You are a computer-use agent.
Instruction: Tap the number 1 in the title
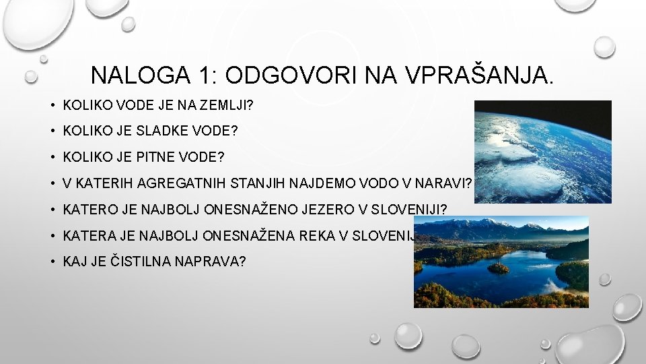pos(203,75)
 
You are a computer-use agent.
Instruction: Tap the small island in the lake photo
pos(499,267)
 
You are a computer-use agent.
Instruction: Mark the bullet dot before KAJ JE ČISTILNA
pos(51,262)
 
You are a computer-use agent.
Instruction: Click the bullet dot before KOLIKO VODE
pos(51,106)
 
